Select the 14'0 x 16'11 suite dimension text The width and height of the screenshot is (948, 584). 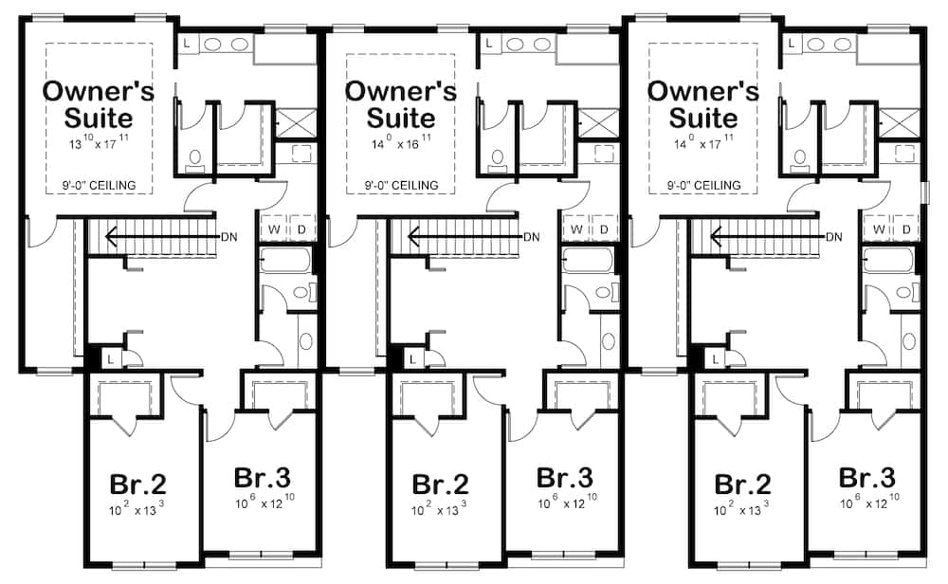coord(400,144)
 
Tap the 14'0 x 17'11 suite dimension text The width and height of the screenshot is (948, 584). coord(702,144)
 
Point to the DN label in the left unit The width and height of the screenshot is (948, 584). coord(228,236)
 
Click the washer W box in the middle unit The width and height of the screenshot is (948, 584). coord(576,229)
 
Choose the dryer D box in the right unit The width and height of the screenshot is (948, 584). coord(906,229)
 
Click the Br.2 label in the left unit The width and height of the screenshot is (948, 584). coord(137,485)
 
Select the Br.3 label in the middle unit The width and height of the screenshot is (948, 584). coord(565,476)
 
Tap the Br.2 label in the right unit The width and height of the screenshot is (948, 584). coord(742,485)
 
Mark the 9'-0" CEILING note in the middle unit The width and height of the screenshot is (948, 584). coord(400,184)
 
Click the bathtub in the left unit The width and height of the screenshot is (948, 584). coord(283,260)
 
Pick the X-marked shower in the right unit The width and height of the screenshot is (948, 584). coord(899,122)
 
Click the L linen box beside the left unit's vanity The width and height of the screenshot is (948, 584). coord(186,44)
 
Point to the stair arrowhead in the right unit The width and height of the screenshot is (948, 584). coord(717,236)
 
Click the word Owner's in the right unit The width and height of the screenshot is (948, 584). coord(702,91)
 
